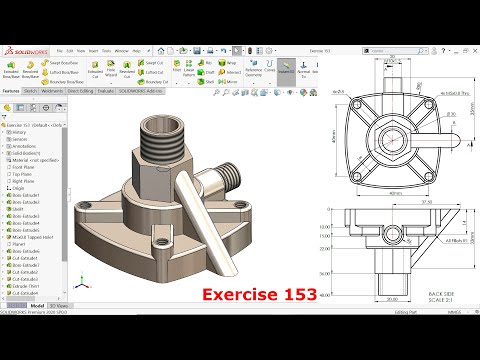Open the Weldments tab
(51, 89)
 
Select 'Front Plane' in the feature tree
(22, 167)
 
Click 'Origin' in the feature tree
(17, 187)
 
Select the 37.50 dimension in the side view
(398, 201)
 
